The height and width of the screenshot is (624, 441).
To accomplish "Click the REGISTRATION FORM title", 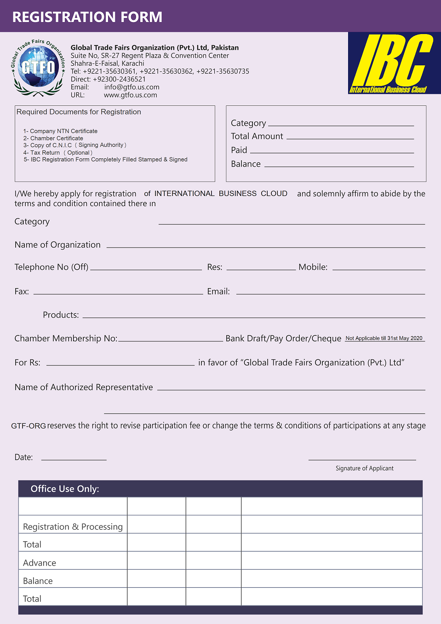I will click(x=87, y=17).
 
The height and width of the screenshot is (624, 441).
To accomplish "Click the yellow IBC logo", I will click(x=394, y=63).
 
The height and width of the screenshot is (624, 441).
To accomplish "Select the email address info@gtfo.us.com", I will click(x=132, y=87).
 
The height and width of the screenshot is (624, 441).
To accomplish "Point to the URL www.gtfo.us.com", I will click(x=130, y=95).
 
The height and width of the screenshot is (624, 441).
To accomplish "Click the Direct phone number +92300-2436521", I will click(x=119, y=79).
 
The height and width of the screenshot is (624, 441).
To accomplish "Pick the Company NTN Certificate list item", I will click(x=60, y=131).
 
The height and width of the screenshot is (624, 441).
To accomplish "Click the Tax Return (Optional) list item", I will click(x=58, y=153).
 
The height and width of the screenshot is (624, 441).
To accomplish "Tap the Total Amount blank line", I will click(x=350, y=138).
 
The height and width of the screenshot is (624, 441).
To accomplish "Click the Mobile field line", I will click(x=378, y=269).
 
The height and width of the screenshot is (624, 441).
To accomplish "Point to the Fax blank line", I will click(x=118, y=293).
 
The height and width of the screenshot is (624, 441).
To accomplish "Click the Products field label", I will click(x=61, y=315).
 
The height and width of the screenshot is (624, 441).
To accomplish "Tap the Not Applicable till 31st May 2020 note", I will click(x=384, y=338).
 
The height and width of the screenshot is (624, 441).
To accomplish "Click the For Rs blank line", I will click(x=120, y=364).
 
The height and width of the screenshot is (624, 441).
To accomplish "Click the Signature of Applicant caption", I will click(x=364, y=468).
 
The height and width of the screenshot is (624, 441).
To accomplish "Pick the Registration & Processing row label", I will click(x=73, y=526).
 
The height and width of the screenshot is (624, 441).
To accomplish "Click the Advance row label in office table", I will click(x=40, y=563).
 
